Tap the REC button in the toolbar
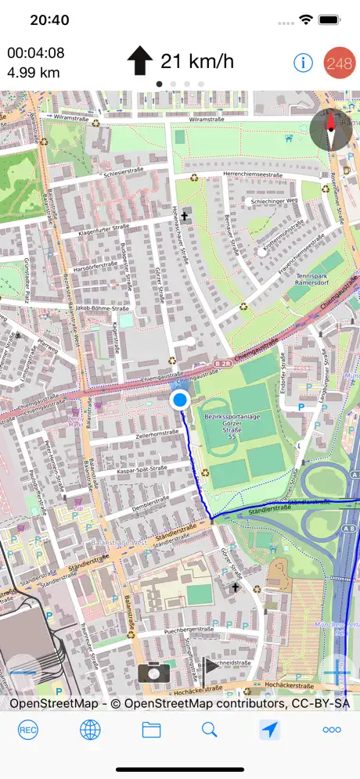(28, 730)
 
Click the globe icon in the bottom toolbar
(90, 730)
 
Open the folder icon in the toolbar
(151, 730)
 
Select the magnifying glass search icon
(209, 730)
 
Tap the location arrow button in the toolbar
(270, 730)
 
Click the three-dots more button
(331, 730)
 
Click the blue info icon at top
(303, 63)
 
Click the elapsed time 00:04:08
(36, 53)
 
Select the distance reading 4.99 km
(34, 74)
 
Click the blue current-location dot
(180, 400)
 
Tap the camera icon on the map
(154, 672)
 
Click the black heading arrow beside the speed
(140, 60)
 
